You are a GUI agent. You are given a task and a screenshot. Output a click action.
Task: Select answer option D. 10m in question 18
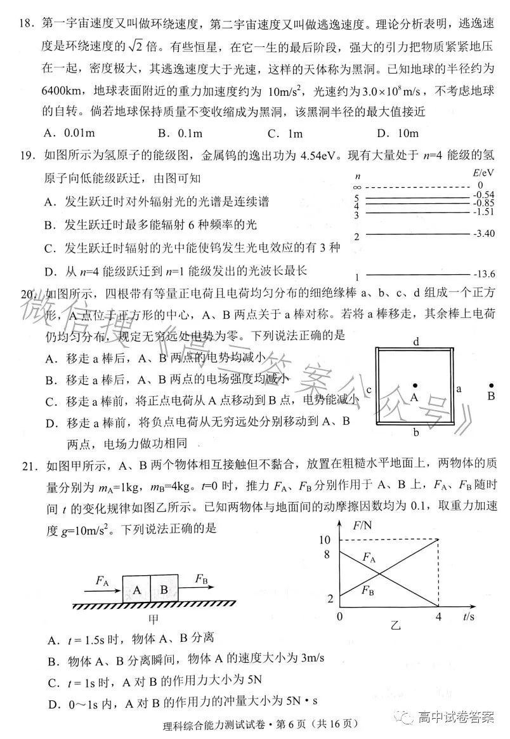[398, 133]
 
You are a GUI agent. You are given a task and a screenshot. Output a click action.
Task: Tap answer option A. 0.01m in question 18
[70, 133]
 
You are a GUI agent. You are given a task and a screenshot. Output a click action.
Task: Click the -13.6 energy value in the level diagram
[483, 274]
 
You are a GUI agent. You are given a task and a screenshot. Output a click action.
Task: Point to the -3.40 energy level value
[483, 234]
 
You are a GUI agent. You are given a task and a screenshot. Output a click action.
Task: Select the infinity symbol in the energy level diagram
[358, 187]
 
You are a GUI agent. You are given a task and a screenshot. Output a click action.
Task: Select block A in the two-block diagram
[136, 589]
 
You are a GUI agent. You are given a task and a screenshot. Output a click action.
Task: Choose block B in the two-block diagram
[164, 589]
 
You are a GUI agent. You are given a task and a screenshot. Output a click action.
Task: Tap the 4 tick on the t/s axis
[438, 616]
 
